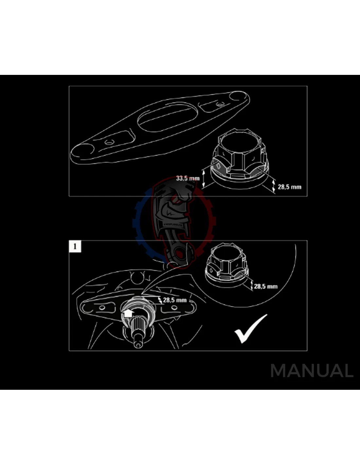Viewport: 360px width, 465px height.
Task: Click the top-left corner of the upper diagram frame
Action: [x=69, y=86]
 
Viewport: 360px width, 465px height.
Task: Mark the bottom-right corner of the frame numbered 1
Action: [x=307, y=351]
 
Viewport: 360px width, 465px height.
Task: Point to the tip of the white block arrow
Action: [x=128, y=309]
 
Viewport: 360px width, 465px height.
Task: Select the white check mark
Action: [x=251, y=329]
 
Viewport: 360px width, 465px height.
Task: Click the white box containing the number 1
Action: [x=75, y=247]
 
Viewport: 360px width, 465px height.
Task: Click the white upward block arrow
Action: [x=128, y=313]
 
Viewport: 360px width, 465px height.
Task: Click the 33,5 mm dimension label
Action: [x=188, y=178]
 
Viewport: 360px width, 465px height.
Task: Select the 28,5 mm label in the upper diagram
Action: [x=290, y=187]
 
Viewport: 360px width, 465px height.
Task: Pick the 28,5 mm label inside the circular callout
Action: [x=266, y=286]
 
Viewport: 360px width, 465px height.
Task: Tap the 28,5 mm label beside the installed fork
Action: [x=175, y=300]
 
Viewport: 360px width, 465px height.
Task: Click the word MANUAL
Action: [x=312, y=370]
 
